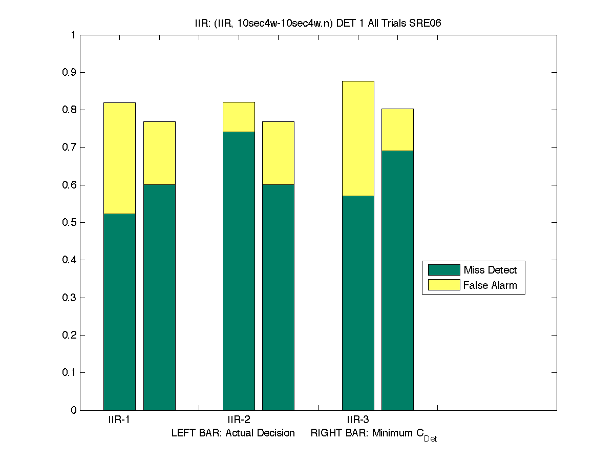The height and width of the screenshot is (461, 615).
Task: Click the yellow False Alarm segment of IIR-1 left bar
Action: point(119,158)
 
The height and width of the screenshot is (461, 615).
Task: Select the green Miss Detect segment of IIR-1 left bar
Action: point(119,311)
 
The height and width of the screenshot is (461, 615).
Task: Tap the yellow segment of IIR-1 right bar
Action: point(159,153)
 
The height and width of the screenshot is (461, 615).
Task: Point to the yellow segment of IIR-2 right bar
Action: point(278,153)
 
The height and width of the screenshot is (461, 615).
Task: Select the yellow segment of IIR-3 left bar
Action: point(358,138)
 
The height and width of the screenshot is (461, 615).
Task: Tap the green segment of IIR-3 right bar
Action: point(397,280)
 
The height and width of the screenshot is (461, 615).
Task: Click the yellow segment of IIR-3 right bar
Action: point(397,130)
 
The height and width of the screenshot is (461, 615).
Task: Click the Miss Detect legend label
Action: point(490,270)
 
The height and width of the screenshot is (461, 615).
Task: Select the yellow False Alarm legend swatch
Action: point(444,285)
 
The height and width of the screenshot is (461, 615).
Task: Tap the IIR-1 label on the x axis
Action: point(119,421)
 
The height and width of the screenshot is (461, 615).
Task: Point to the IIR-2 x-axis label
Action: point(239,421)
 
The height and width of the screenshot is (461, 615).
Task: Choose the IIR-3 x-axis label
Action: point(358,421)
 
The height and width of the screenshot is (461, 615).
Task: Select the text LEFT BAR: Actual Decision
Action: point(233,433)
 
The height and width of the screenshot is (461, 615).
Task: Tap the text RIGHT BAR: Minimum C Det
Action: point(373,434)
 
